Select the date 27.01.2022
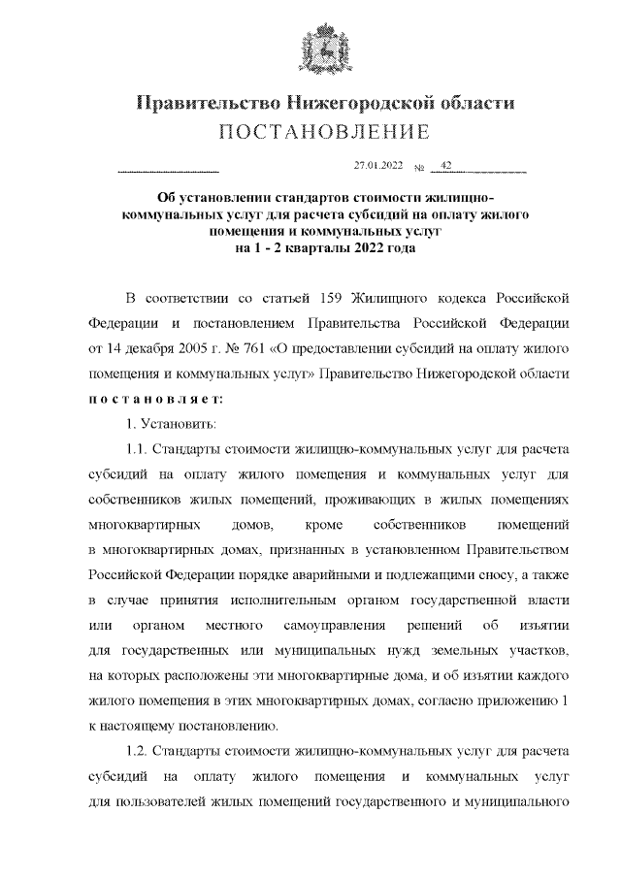point(377,167)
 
